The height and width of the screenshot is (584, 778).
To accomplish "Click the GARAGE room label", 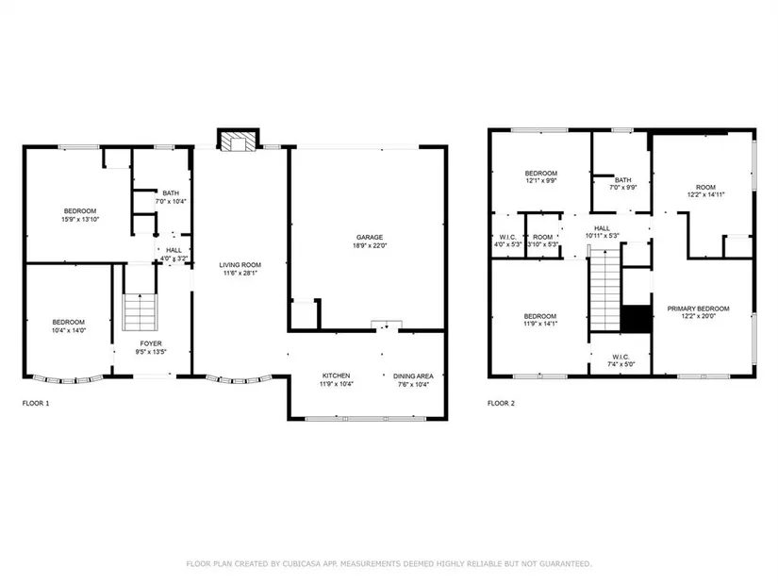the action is (369, 238).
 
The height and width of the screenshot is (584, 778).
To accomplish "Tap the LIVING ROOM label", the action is (240, 265).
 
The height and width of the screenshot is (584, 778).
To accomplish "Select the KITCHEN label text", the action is (337, 375).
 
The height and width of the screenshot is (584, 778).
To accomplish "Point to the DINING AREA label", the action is (413, 376).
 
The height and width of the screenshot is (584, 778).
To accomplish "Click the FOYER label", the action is (151, 343).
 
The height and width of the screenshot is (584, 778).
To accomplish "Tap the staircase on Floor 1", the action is (141, 312).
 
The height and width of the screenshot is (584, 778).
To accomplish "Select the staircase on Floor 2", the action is (604, 290).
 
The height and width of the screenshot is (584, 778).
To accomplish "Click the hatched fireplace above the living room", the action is (239, 141).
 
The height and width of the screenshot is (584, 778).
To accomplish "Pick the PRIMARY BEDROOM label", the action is (698, 309).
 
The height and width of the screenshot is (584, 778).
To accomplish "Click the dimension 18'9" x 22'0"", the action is (369, 245).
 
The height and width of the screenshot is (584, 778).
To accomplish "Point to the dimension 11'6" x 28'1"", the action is (240, 273).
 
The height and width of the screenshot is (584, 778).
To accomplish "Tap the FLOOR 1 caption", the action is (36, 403).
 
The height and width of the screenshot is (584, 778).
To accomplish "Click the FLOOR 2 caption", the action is (501, 403).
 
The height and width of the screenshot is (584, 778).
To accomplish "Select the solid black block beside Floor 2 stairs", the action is (637, 319).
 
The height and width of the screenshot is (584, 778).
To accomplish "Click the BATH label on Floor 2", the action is (623, 180).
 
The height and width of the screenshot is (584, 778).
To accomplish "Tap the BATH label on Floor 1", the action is (171, 193).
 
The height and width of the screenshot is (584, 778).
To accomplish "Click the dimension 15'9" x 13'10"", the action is (80, 219).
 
